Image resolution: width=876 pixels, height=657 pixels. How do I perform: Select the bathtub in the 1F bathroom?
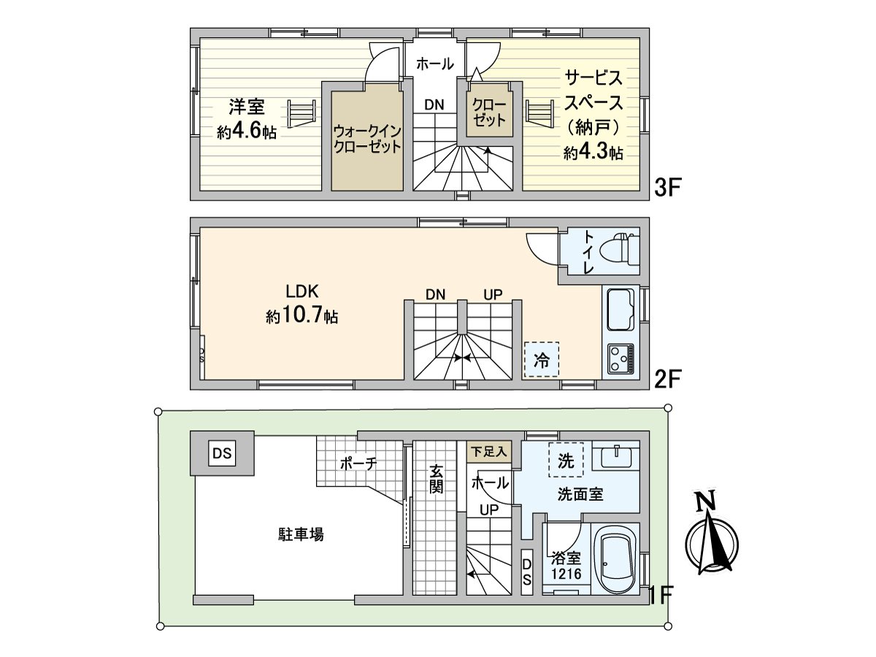point(618,560)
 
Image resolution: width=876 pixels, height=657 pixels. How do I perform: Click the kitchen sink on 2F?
point(620,310)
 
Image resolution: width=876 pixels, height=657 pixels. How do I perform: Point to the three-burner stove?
point(620,358)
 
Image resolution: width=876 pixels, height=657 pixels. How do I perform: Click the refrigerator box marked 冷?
point(541,359)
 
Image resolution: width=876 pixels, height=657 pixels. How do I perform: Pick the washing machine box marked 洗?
point(566,461)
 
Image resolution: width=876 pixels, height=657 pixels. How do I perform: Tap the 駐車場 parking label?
point(300,534)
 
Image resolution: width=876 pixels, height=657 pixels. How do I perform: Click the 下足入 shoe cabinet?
point(488,451)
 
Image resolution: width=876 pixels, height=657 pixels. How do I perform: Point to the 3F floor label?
point(667,188)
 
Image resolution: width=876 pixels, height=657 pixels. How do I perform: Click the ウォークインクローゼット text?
point(366,139)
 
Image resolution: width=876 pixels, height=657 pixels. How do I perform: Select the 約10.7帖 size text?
point(301,317)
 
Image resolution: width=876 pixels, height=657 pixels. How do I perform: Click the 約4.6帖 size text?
point(246,132)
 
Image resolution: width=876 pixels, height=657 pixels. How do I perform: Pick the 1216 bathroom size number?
point(566,574)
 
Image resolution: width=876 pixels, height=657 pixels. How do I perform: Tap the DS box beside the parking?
point(223,453)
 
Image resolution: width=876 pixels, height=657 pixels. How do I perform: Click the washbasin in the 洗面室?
point(617,458)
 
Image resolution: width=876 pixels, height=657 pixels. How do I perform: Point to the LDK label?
point(300,291)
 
